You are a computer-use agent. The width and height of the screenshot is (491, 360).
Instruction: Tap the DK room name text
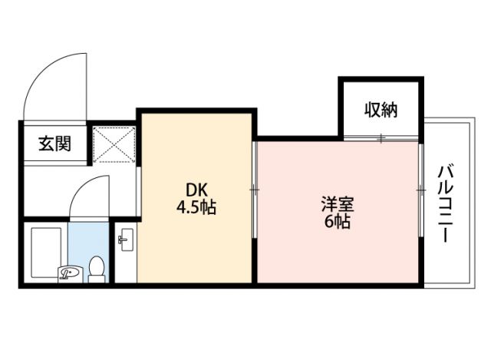coord(193,190)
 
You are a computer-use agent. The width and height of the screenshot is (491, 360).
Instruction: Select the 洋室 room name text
coord(338,205)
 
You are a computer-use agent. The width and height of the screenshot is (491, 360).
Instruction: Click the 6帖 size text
coord(338,223)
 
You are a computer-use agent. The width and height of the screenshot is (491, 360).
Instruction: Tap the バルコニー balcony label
coord(445,203)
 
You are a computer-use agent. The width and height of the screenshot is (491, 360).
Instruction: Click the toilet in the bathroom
coord(96,269)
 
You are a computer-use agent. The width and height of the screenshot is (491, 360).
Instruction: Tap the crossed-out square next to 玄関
coord(114,143)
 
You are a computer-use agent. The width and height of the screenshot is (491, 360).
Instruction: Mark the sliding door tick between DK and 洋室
coord(254,189)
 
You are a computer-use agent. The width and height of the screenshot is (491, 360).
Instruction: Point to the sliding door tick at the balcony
coord(421,189)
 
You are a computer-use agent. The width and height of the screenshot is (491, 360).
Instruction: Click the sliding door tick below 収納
coord(381,138)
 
